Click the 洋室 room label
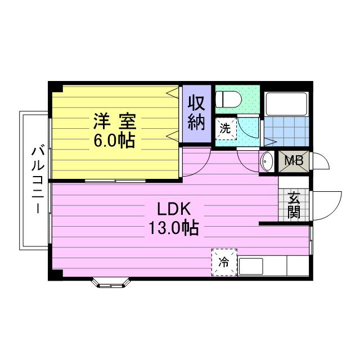click(115, 120)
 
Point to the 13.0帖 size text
click(174, 228)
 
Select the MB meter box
click(294, 161)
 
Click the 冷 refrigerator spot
click(224, 262)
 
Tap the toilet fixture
click(229, 99)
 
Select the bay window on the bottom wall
click(110, 282)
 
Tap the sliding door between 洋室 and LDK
click(117, 181)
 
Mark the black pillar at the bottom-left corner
click(55, 275)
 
